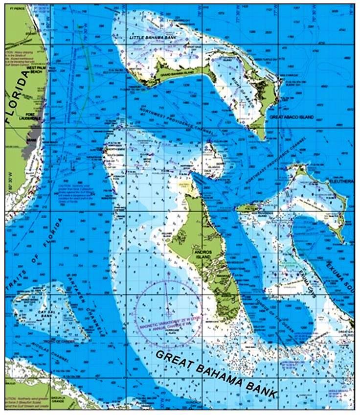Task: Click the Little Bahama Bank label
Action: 150,37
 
